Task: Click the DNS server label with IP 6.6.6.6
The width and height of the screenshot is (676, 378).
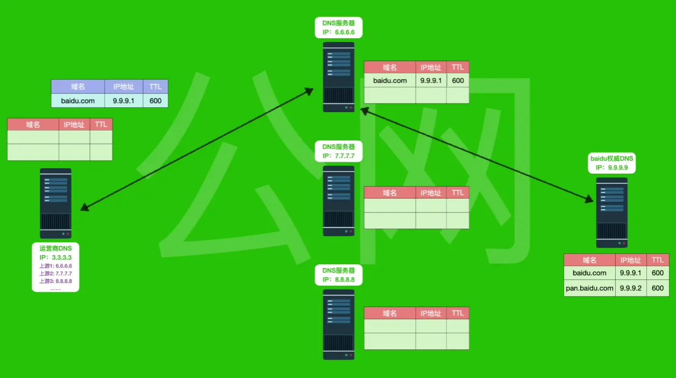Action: click(x=338, y=28)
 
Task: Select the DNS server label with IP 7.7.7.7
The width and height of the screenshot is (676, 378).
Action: click(x=338, y=151)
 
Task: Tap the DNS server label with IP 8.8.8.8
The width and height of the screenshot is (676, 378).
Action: click(x=338, y=275)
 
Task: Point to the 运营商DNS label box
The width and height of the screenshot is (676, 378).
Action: click(x=55, y=267)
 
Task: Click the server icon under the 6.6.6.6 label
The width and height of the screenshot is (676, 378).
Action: click(x=339, y=77)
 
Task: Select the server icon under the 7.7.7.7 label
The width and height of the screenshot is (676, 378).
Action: click(x=339, y=200)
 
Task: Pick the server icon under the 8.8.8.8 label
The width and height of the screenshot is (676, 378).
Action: click(x=339, y=324)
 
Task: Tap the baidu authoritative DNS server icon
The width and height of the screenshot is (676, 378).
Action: click(x=611, y=212)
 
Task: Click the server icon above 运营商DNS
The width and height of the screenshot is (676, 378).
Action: click(x=55, y=203)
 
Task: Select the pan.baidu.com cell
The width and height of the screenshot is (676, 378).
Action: click(x=589, y=288)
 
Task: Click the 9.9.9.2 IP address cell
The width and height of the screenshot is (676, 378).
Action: click(x=631, y=288)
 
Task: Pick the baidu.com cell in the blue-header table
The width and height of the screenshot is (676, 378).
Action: click(x=78, y=100)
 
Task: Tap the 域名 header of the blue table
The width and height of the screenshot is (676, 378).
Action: click(x=78, y=86)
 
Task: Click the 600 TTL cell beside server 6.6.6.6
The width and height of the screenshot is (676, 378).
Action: click(x=458, y=80)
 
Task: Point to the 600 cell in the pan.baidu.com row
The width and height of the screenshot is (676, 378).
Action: click(x=658, y=288)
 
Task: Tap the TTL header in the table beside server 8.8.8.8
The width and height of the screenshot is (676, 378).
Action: click(x=458, y=313)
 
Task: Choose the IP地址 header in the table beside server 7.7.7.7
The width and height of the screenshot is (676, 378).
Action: click(x=431, y=193)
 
